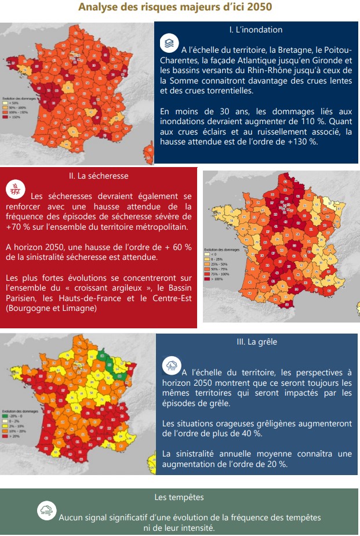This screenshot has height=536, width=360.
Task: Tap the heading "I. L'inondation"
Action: click(x=256, y=29)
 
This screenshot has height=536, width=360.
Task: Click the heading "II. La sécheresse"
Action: click(x=99, y=175)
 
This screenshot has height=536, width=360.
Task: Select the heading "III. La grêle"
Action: click(x=257, y=342)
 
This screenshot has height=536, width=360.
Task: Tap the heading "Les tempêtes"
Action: click(x=179, y=497)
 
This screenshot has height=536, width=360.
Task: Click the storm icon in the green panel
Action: click(x=46, y=510)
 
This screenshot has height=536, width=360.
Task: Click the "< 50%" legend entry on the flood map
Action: click(x=13, y=103)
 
